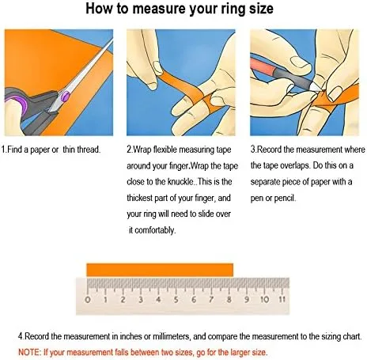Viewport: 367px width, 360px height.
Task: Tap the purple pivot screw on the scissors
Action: tap(65, 96)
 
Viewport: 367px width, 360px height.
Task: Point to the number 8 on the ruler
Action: tap(229, 300)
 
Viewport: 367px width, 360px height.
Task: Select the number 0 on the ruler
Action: tap(88, 300)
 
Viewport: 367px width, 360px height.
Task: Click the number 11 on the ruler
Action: tap(282, 300)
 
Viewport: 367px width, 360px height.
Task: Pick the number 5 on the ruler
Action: tap(176, 300)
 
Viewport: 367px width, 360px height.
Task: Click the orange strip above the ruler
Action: tap(160, 270)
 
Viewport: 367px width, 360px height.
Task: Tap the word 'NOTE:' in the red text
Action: tap(29, 352)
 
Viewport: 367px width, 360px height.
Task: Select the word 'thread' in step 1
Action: tap(89, 150)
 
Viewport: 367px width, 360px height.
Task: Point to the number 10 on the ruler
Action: tap(264, 300)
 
